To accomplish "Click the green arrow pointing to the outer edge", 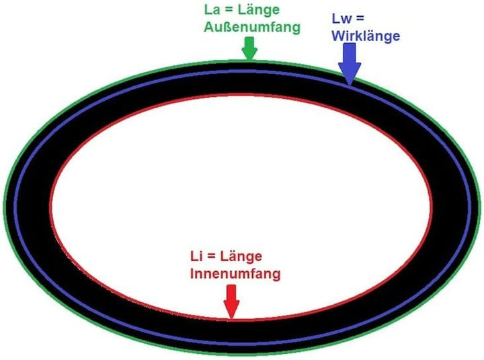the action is coord(249,48).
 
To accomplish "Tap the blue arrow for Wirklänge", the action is coord(350,64).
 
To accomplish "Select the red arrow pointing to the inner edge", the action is coord(231,301).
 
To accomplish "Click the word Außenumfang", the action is coord(252,27).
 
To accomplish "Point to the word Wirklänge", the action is coord(366,36).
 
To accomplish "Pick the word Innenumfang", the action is coord(235,274).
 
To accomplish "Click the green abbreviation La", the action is coord(212,9).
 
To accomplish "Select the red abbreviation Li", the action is coord(196,256).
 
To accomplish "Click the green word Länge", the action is coord(259,11).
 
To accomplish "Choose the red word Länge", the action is coord(241,257).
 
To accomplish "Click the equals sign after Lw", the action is coord(360,19).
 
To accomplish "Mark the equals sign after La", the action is coord(229,10).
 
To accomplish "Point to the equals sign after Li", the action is coord(210,256).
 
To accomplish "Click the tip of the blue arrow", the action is coord(350,85).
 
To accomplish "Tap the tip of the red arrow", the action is coord(231,318).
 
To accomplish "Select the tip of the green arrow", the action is coord(249,60).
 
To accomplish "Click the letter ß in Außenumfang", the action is coord(225,27).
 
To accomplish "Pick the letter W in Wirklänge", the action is coord(339,36).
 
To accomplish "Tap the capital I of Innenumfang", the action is coord(192,274).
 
